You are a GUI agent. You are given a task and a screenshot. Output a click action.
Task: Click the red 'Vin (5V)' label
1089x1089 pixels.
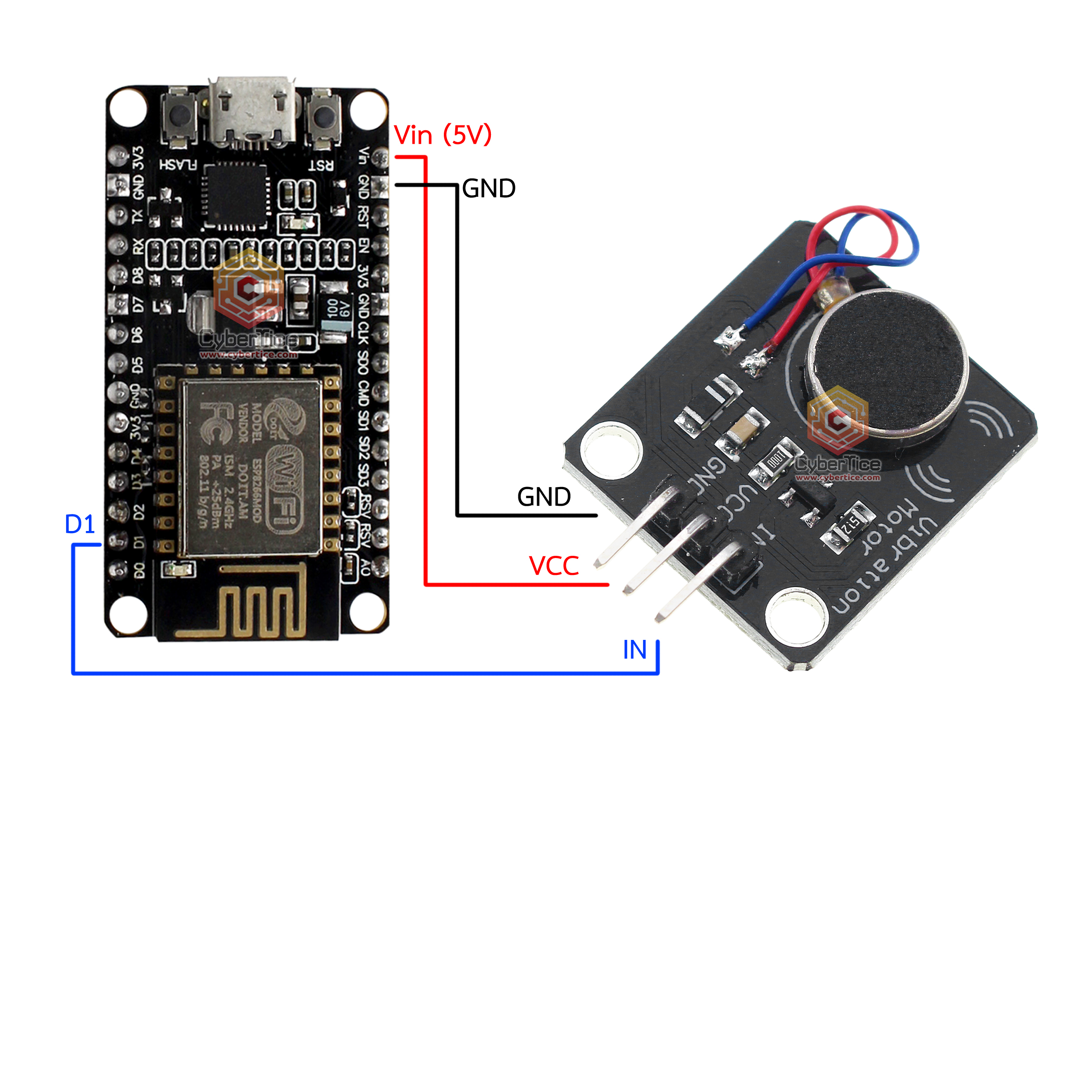pyautogui.click(x=443, y=135)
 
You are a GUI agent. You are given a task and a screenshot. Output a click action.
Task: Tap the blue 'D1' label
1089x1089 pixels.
pyautogui.click(x=80, y=524)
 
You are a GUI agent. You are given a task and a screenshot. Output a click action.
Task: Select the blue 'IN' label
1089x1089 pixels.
pyautogui.click(x=634, y=650)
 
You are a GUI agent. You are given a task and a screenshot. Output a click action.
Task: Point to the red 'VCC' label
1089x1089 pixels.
pyautogui.click(x=554, y=566)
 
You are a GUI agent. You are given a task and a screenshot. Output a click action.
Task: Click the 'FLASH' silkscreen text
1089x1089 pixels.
pyautogui.click(x=178, y=165)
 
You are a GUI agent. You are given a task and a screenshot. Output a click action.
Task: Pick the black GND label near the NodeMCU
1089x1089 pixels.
pyautogui.click(x=489, y=189)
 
